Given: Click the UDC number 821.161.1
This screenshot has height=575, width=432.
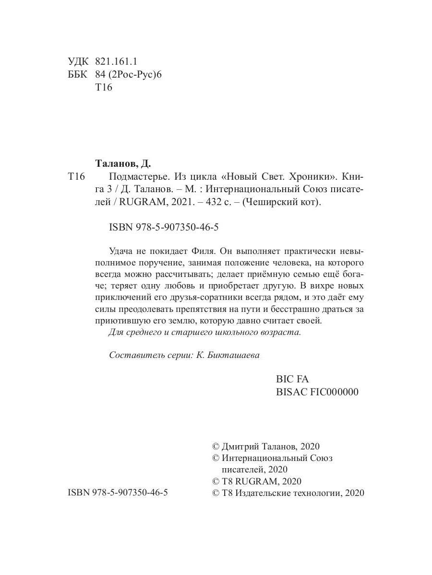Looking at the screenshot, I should tap(117, 61).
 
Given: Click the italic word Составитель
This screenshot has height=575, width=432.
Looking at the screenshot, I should tap(133, 355).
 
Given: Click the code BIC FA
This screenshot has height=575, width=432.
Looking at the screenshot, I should tap(289, 379).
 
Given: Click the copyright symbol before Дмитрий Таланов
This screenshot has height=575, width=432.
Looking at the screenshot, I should tap(216, 446).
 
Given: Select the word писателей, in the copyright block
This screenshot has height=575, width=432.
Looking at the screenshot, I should tap(243, 469).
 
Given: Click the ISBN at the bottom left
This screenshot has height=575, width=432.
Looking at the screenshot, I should tap(118, 493).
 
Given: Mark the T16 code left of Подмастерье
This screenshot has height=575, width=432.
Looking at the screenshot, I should tap(77, 177).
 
